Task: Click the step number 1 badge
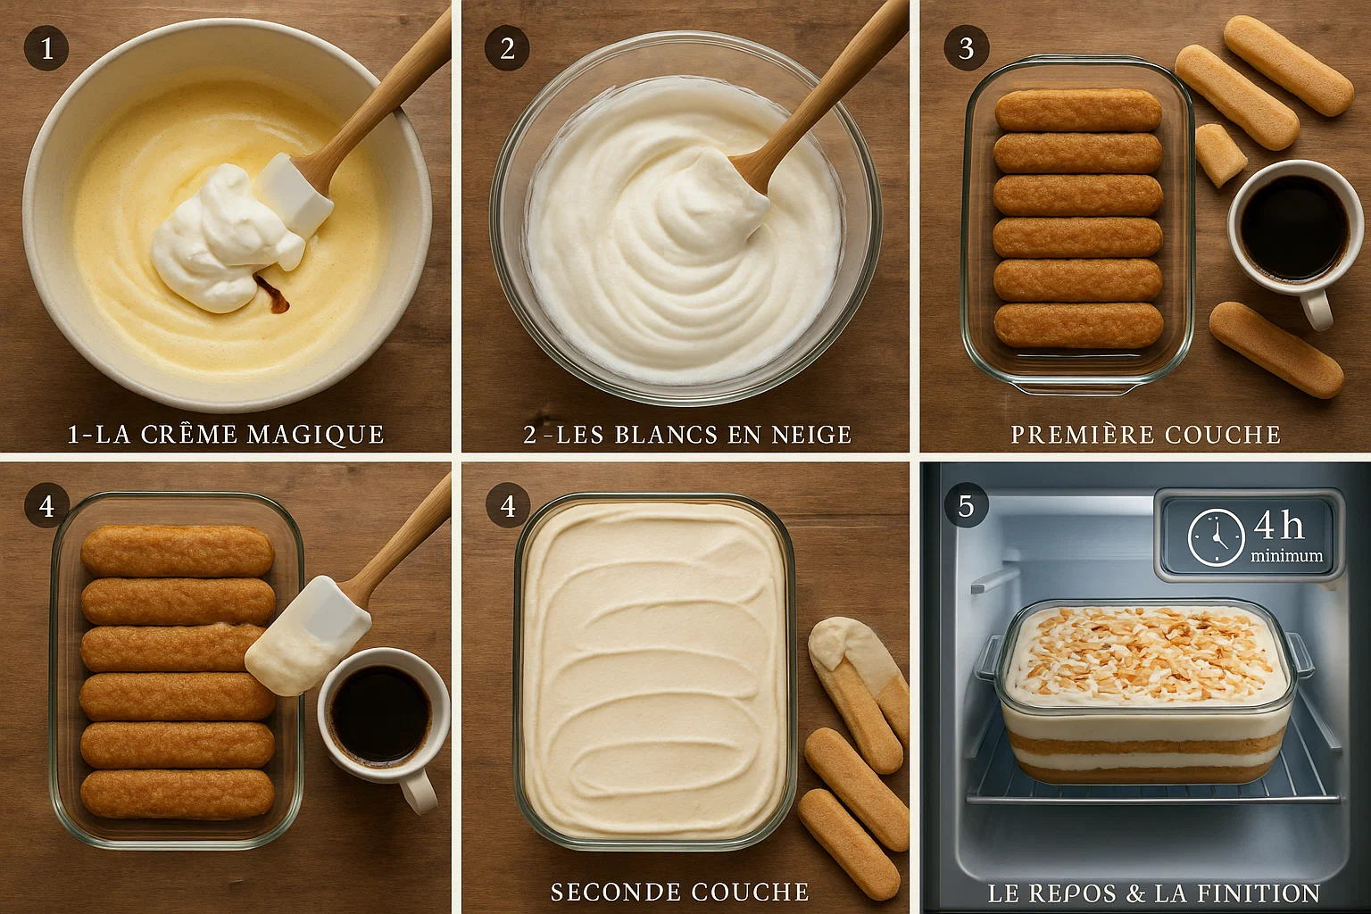coord(46,48)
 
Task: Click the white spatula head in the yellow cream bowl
coord(296,194)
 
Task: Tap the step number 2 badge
coord(507,48)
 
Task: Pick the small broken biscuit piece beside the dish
coord(1219,154)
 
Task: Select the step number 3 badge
coord(966,48)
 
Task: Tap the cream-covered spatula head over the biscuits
coord(307,636)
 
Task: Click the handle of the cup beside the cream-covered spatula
coord(416,789)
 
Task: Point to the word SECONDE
coord(615,892)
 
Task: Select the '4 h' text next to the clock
coord(1279,526)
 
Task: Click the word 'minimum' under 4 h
coord(1286,556)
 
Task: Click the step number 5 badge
coord(966,506)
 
